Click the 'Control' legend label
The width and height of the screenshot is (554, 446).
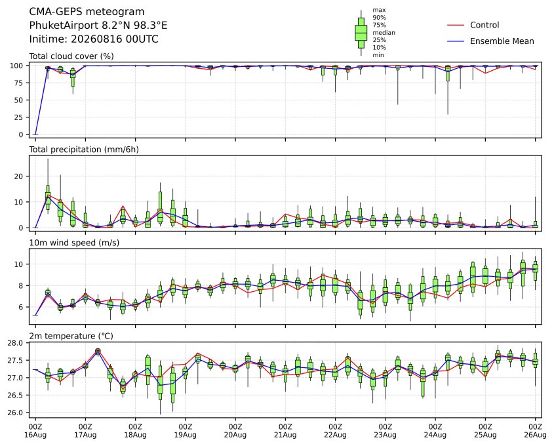pos(485,25)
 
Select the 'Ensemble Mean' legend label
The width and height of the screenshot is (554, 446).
pos(502,41)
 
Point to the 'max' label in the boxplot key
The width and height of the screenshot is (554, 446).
pos(379,10)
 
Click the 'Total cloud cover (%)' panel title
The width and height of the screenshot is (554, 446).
pos(71,56)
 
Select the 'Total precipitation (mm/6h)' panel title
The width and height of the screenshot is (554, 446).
pos(84,150)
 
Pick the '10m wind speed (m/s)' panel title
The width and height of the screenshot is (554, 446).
pos(74,243)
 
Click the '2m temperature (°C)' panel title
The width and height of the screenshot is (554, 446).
pos(71,336)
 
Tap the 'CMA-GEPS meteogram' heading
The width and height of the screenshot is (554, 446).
pos(87,12)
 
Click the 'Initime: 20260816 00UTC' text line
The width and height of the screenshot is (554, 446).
pos(94,39)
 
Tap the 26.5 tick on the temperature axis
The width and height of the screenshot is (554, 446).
pos(15,395)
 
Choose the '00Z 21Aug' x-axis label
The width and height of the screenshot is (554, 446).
pos(285,431)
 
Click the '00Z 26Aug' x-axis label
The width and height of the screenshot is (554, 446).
pos(535,431)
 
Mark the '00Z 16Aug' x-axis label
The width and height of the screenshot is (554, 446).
pos(35,431)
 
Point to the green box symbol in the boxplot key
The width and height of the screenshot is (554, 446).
pos(361,33)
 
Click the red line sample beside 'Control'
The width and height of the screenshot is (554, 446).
pos(456,26)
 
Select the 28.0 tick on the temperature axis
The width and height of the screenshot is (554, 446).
pos(15,343)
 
